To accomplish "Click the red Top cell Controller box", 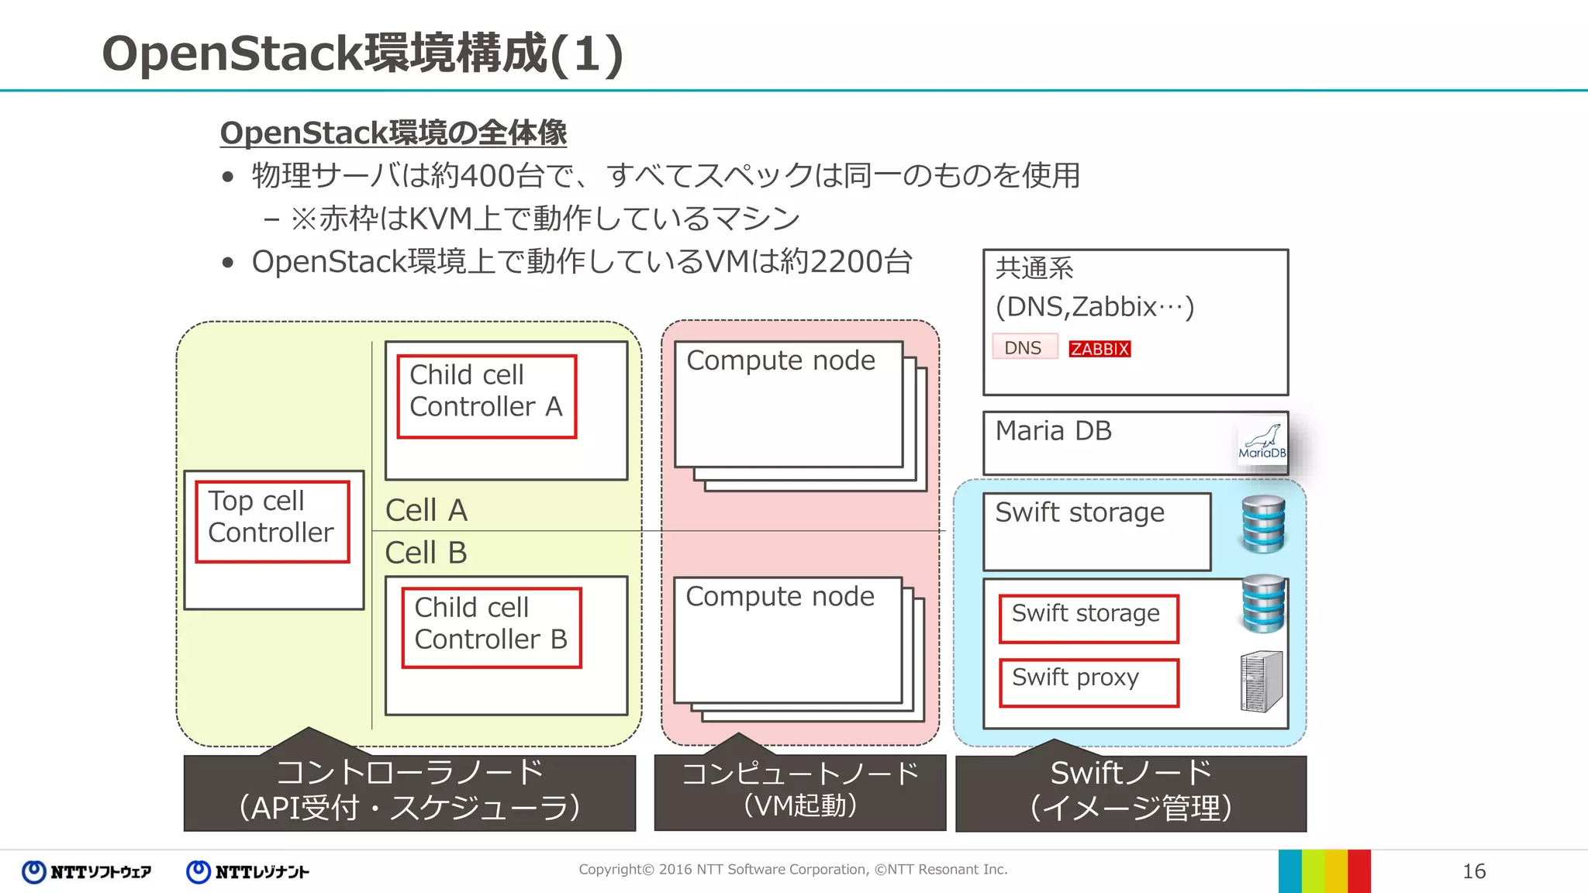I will point(272,521).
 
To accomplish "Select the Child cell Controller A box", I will point(486,396).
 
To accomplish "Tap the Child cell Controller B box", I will point(491,627).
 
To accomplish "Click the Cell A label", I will point(426,510).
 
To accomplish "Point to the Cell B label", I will point(426,553).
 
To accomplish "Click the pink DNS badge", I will point(1024,347).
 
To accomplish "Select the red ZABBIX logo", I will point(1099,349).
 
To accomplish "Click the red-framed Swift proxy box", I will point(1088,682).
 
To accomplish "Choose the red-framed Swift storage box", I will point(1088,618).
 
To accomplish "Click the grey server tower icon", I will point(1261,681).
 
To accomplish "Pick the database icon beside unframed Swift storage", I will point(1263,524).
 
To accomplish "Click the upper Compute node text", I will point(780,360).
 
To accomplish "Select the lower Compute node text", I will point(779,596).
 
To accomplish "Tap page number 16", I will point(1473,871).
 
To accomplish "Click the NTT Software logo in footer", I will point(87,872).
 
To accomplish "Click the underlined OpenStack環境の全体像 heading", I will point(393,133).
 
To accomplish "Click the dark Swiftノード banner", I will point(1130,792).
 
